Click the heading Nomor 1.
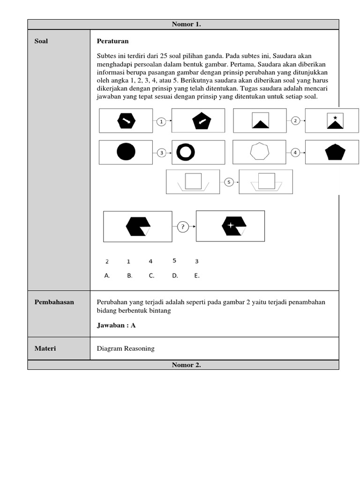click(x=186, y=24)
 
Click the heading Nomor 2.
click(x=186, y=365)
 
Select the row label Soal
click(x=41, y=41)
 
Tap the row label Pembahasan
click(x=54, y=302)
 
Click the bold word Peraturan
click(x=112, y=41)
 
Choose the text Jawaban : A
click(x=116, y=325)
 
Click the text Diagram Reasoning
click(x=126, y=348)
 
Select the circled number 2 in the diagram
click(x=295, y=121)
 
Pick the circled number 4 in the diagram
click(x=295, y=152)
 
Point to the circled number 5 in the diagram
click(x=228, y=182)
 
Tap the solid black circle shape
click(x=126, y=152)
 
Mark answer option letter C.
click(x=151, y=276)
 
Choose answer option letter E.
click(x=197, y=276)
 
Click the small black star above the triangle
click(x=335, y=117)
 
